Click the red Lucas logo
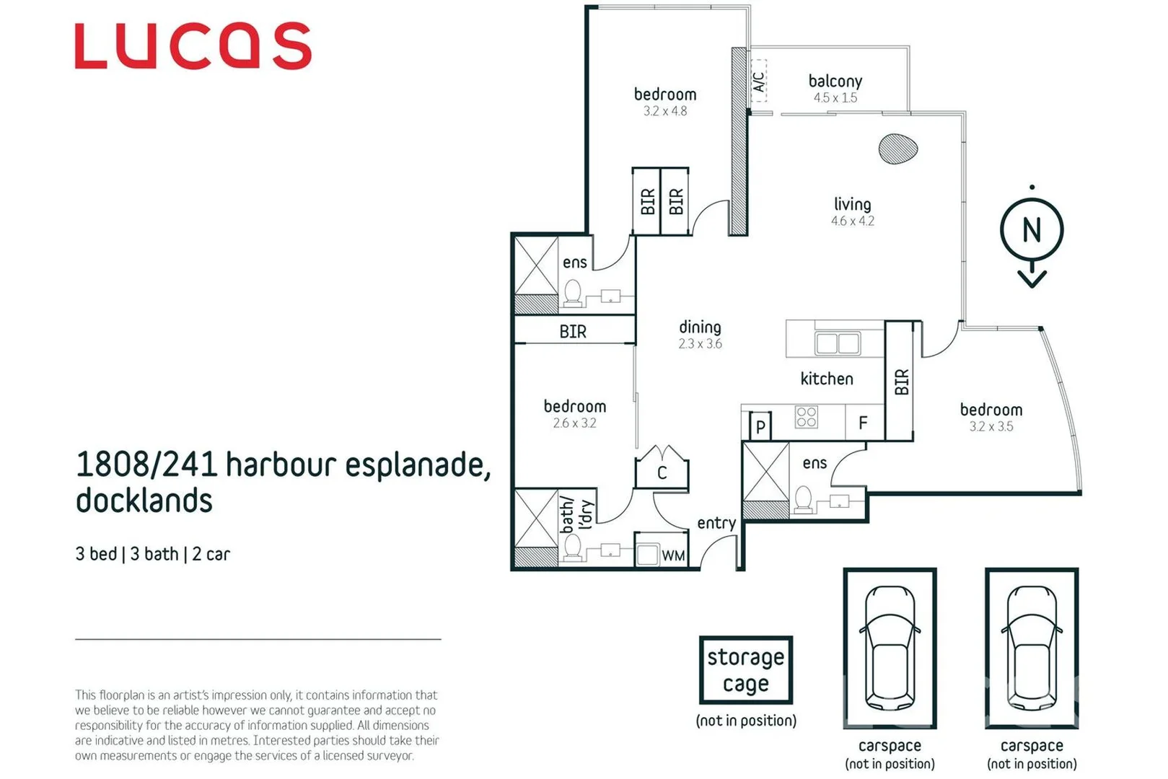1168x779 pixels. [x=193, y=46]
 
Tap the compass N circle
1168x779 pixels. [x=1032, y=230]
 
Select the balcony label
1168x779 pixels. [x=835, y=81]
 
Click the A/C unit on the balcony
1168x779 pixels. [x=758, y=81]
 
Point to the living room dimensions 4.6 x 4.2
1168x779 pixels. [x=852, y=221]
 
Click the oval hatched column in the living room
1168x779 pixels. [x=897, y=149]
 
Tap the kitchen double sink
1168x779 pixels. [x=837, y=343]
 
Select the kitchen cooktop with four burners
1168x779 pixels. [x=807, y=417]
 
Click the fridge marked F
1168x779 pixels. [x=863, y=423]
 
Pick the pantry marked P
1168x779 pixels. [x=760, y=427]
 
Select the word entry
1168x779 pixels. [x=716, y=523]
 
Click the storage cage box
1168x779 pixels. [x=745, y=670]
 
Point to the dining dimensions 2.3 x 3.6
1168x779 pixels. [x=700, y=344]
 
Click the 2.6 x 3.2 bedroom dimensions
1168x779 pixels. [x=574, y=423]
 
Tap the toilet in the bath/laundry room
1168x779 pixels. [x=573, y=547]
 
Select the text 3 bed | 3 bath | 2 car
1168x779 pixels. [x=152, y=554]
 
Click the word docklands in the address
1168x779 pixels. [x=144, y=501]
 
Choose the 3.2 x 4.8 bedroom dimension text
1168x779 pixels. [x=665, y=111]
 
